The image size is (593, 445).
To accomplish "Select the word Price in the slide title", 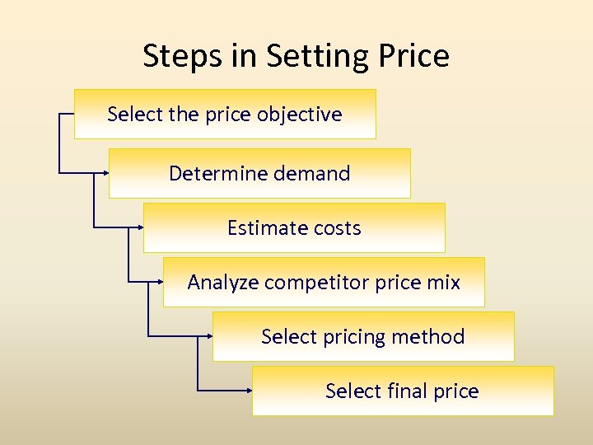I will coord(414,56).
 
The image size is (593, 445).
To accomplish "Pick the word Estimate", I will coord(264,227).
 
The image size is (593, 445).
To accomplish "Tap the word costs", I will coord(335,227).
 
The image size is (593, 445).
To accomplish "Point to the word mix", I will coord(444,282).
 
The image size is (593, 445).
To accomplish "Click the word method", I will coord(428,336).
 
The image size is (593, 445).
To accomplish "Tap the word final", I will coord(408,391).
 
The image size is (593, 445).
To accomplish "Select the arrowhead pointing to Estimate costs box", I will coord(140,227).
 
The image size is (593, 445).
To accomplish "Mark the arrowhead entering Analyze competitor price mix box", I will coord(160,282).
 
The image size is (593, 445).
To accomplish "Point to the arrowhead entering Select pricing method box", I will coord(209,335).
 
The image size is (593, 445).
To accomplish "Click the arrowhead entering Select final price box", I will coord(249,390).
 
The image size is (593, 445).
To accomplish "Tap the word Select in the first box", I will coord(134,115).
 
